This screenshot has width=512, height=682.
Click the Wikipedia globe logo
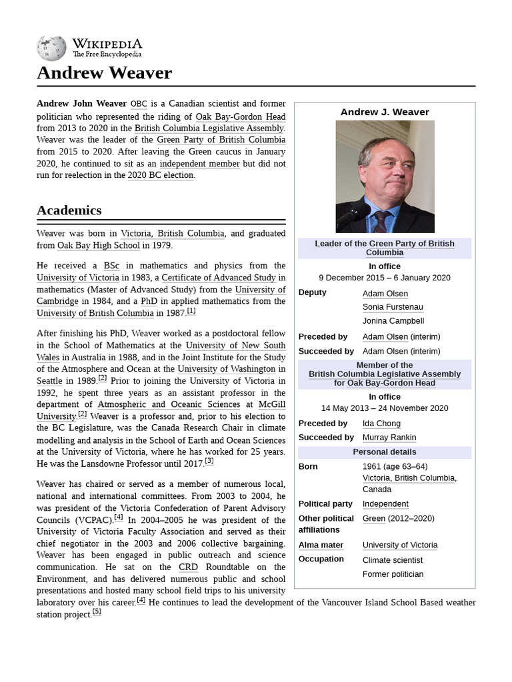click(x=51, y=48)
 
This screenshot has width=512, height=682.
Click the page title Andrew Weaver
click(x=104, y=73)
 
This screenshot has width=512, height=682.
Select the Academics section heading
click(x=69, y=210)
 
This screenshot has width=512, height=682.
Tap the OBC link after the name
click(x=139, y=104)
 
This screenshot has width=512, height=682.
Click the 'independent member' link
click(x=199, y=164)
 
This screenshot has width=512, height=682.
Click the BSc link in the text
click(x=111, y=266)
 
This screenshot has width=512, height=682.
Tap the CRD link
click(x=188, y=567)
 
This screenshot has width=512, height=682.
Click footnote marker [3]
click(x=209, y=461)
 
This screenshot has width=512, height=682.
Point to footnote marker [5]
click(x=97, y=611)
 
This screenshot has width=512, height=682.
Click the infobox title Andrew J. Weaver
click(x=385, y=112)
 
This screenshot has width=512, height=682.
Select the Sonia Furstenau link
click(x=393, y=307)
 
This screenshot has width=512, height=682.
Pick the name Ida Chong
click(x=381, y=424)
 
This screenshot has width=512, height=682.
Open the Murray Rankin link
click(x=389, y=438)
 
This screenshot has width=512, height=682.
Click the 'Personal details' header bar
click(x=385, y=452)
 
